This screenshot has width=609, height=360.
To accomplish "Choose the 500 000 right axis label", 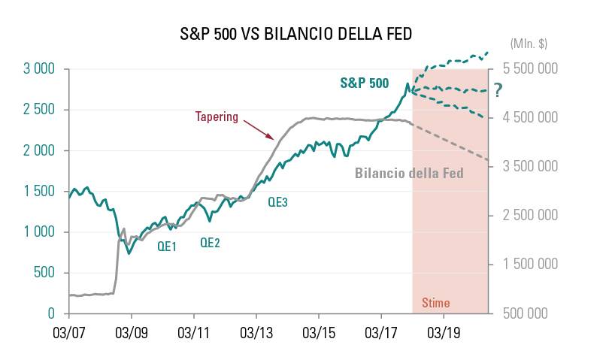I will (x=531, y=313).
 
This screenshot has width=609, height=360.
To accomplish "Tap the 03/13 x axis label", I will (x=256, y=331).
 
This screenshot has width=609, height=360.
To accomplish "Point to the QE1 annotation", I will (x=167, y=246).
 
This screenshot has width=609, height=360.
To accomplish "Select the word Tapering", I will (x=217, y=116).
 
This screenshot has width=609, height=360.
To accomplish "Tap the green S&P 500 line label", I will (x=364, y=83).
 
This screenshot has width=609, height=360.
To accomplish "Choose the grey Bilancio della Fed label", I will (x=408, y=173).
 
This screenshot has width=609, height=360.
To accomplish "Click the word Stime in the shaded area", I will (x=435, y=304).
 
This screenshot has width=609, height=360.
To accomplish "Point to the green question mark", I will (x=497, y=90).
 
